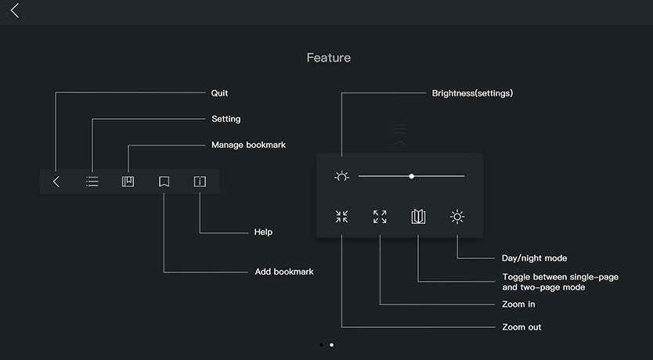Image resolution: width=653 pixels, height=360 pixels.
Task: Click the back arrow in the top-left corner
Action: pyautogui.click(x=15, y=11)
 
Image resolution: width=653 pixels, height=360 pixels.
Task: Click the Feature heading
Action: pyautogui.click(x=329, y=58)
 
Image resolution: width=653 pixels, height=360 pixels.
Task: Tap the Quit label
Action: pyautogui.click(x=220, y=93)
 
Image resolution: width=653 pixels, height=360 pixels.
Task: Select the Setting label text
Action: pyautogui.click(x=226, y=119)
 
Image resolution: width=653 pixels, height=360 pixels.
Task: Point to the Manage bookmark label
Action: pyautogui.click(x=248, y=145)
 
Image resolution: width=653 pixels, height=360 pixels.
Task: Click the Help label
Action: pyautogui.click(x=263, y=232)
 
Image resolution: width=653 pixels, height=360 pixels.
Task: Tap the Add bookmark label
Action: pyautogui.click(x=284, y=272)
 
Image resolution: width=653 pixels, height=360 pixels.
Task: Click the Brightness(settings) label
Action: pyautogui.click(x=472, y=93)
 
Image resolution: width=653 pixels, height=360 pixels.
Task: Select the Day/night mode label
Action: pyautogui.click(x=534, y=258)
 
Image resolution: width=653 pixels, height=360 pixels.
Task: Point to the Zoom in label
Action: pyautogui.click(x=518, y=304)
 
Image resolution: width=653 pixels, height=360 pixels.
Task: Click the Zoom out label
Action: pyautogui.click(x=521, y=327)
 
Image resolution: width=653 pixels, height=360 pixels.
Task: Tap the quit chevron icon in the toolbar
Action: pyautogui.click(x=56, y=182)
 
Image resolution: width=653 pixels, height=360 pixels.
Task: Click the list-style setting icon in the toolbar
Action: pyautogui.click(x=92, y=182)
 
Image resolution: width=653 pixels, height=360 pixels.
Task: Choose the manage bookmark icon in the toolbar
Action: pyautogui.click(x=128, y=182)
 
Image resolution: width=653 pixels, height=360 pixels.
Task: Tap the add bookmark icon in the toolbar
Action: pyautogui.click(x=164, y=182)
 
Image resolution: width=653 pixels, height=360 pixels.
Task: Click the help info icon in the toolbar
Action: pyautogui.click(x=200, y=182)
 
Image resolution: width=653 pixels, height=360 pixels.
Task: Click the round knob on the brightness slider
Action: pyautogui.click(x=411, y=176)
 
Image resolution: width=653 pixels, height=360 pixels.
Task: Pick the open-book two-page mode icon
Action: pyautogui.click(x=419, y=217)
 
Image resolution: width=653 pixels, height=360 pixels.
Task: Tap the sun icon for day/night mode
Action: pyautogui.click(x=457, y=217)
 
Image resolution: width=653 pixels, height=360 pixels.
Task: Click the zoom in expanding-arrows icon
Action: pyautogui.click(x=380, y=217)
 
